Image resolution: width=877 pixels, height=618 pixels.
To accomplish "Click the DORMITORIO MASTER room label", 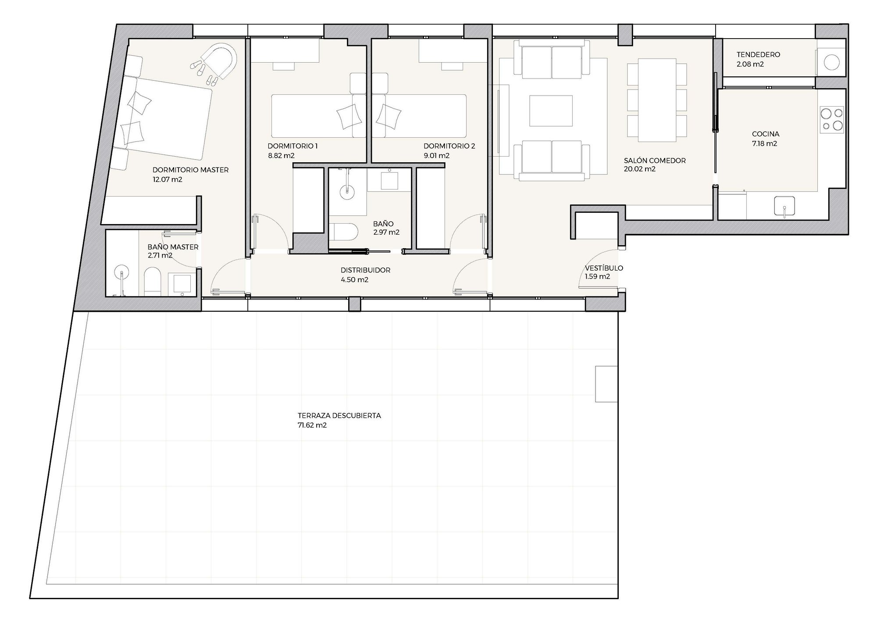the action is tap(190, 170).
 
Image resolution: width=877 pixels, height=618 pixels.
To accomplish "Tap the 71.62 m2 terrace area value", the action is tap(312, 425).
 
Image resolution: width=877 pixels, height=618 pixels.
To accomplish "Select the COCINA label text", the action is tap(766, 134).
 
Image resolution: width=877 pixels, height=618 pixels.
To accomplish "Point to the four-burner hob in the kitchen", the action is tap(832, 120).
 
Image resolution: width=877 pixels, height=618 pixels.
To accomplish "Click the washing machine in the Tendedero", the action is tap(831, 62).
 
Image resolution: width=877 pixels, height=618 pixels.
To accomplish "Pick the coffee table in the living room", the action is tap(551, 111).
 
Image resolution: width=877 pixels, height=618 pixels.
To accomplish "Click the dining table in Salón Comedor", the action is tap(657, 100).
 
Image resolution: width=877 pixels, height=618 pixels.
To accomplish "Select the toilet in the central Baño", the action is tap(344, 231).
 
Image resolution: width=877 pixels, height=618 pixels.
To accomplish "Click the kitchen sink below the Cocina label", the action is tap(784, 206).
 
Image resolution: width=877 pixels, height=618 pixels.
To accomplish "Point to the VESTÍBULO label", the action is tap(604, 268).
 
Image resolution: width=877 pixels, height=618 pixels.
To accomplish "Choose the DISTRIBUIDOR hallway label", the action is tap(365, 270).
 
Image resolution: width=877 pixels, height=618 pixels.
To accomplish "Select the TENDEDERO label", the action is tap(758, 55).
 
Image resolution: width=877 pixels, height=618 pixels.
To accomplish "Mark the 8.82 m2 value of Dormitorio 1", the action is tap(281, 156).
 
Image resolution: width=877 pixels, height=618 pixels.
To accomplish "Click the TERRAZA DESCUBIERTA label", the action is tap(339, 415).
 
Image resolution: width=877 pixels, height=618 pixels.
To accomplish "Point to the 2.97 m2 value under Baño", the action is tap(386, 232).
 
